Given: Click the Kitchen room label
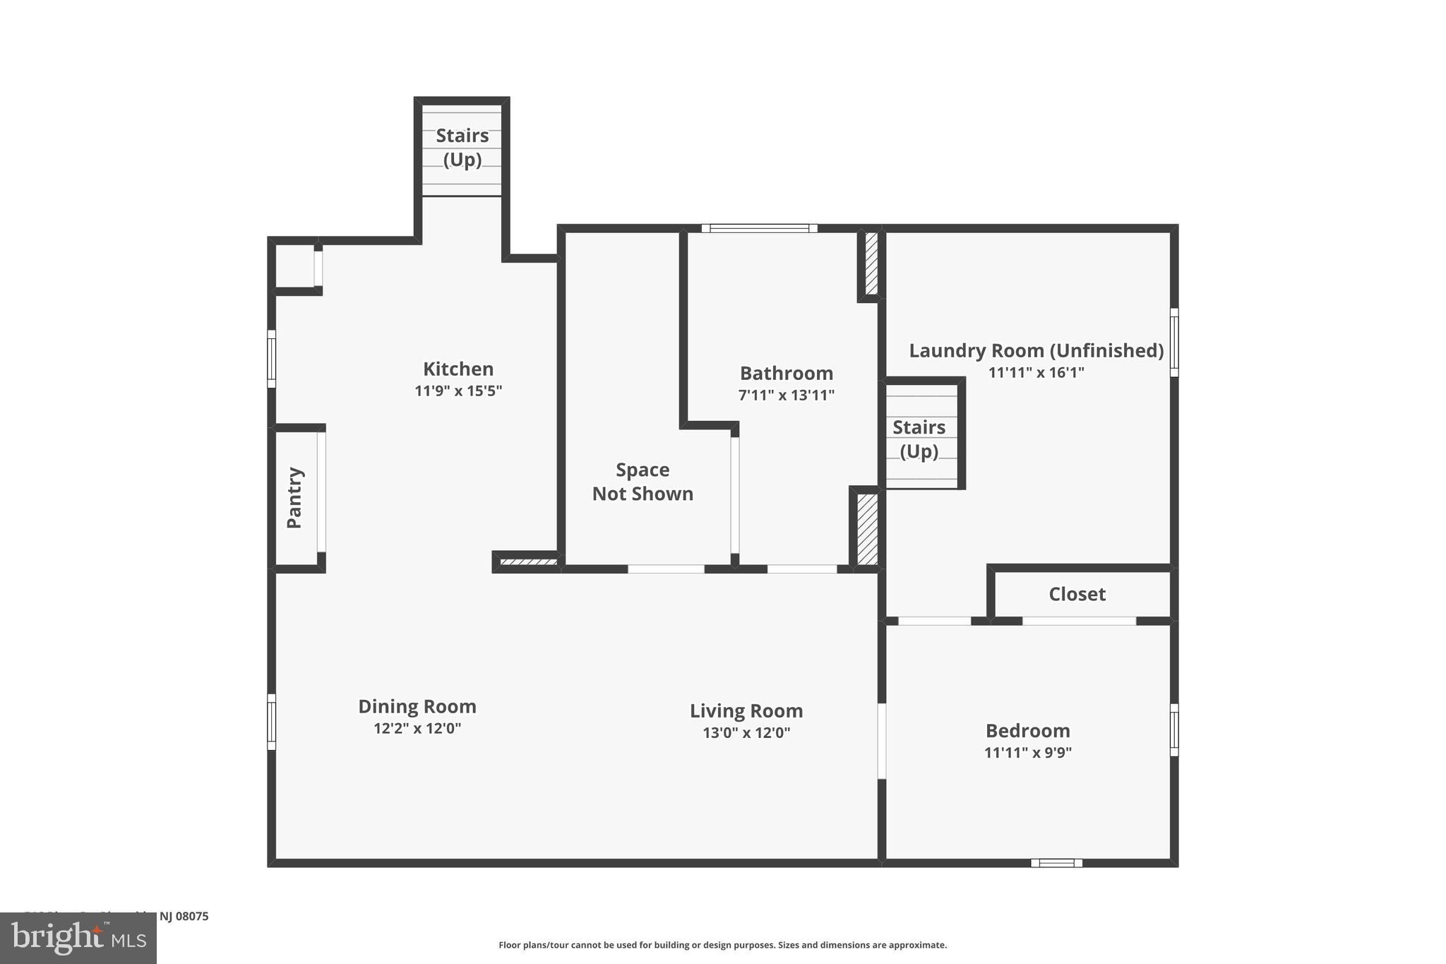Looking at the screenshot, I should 458,369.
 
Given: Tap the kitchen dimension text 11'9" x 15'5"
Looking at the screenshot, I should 458,391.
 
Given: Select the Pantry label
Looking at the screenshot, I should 294,497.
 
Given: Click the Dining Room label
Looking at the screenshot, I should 417,706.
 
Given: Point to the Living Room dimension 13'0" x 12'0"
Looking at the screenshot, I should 746,732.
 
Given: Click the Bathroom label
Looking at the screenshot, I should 786,373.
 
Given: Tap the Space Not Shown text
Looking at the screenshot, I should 642,482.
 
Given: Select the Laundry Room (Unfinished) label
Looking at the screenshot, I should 1035,350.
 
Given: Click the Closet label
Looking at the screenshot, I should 1076,594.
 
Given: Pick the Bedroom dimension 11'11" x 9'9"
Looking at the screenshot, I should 1027,752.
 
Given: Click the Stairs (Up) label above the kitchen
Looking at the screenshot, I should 462,147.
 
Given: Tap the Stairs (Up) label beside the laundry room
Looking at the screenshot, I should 919,439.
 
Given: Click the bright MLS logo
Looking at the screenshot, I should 78,938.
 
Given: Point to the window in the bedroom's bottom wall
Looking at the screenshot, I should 1056,862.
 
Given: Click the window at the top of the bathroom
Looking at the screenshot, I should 759,228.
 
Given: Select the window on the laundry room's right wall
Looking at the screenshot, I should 1173,342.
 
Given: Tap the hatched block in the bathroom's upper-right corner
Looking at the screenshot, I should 871,263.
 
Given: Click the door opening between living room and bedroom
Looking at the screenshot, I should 881,740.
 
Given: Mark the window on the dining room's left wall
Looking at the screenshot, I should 271,721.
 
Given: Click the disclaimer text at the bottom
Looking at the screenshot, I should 722,945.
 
